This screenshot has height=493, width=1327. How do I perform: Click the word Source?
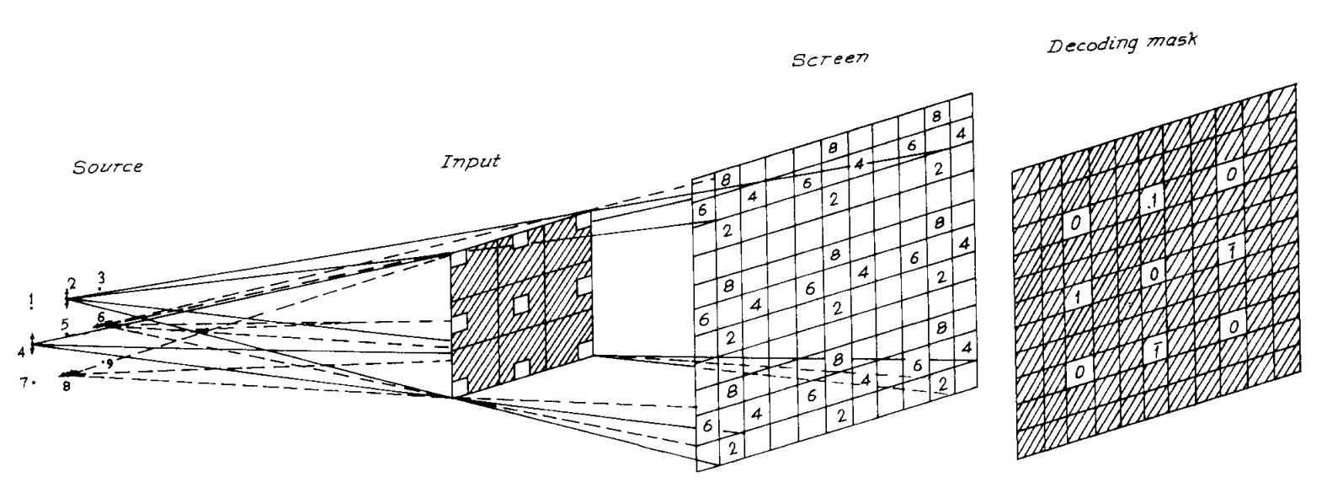coord(107,167)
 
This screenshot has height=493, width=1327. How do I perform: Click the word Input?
coord(470,160)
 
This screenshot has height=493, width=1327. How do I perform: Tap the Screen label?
coord(829,61)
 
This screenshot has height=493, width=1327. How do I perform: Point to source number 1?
coord(31,299)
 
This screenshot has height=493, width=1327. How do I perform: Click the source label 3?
coord(100,276)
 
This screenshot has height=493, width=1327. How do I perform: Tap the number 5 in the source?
coord(65,323)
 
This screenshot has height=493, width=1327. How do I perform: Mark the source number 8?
coord(66,386)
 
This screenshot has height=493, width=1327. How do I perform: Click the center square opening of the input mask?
coord(522,302)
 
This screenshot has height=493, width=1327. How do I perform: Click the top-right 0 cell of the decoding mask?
coord(1231,174)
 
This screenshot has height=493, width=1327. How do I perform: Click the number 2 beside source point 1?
coord(72,281)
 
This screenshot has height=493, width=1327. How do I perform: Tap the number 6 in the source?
coord(101,317)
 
